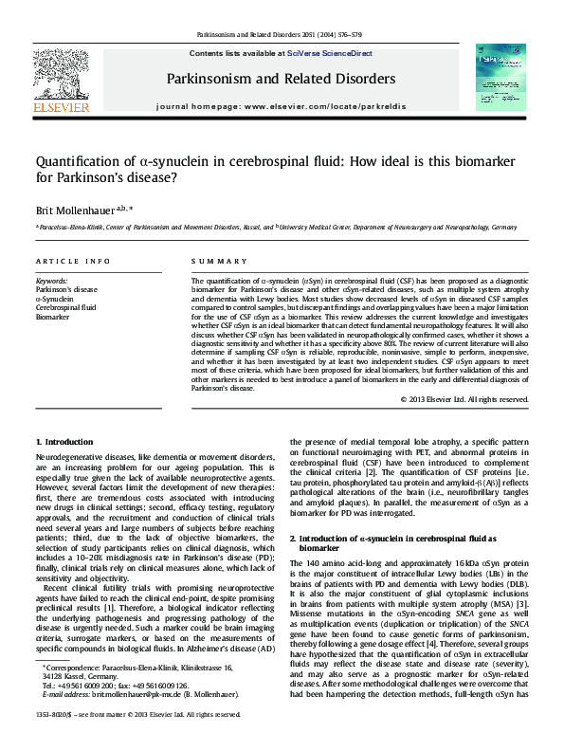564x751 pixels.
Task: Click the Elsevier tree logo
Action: [63, 73]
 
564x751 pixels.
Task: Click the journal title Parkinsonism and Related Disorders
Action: [282, 78]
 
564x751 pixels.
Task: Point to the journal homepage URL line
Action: [282, 109]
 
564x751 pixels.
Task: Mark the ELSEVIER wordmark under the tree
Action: [63, 108]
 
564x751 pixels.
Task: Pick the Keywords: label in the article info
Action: [51, 282]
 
